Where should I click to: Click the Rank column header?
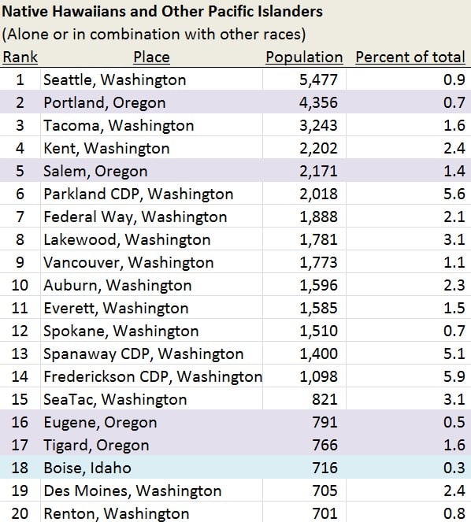click(20, 57)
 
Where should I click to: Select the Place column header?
click(151, 57)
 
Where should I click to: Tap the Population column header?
click(304, 57)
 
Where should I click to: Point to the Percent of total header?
click(410, 57)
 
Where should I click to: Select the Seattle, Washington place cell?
click(114, 80)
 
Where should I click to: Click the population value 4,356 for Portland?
click(318, 102)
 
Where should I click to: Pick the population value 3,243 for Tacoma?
click(318, 125)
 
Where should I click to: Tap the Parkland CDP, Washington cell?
click(139, 194)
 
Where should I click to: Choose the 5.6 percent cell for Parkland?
click(454, 194)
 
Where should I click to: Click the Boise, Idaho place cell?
click(87, 468)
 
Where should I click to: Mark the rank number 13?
click(20, 354)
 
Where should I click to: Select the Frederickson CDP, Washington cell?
click(153, 376)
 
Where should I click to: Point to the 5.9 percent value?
click(454, 376)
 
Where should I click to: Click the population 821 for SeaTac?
click(325, 399)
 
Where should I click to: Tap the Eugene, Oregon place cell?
click(100, 423)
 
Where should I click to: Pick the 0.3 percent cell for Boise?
click(454, 468)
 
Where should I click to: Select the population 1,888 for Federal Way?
click(318, 217)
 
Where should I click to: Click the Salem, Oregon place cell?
click(95, 171)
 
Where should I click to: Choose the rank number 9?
click(20, 262)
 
